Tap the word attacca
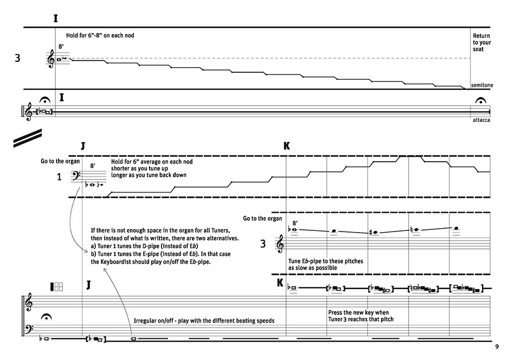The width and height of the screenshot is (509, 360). click(x=481, y=120)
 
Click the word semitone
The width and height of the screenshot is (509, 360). click(x=481, y=85)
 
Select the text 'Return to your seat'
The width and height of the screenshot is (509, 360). click(x=481, y=42)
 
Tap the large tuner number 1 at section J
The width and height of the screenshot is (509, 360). click(x=60, y=176)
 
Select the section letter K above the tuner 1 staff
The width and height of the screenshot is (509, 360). click(x=286, y=146)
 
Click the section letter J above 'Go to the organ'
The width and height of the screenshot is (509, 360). click(x=83, y=146)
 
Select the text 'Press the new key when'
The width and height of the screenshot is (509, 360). click(x=358, y=312)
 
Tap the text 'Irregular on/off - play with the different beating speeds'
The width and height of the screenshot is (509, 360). click(x=204, y=320)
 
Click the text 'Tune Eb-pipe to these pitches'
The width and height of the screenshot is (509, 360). click(x=326, y=261)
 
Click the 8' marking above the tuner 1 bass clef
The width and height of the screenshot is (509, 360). click(x=93, y=165)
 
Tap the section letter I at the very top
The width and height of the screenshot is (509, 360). click(x=56, y=18)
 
